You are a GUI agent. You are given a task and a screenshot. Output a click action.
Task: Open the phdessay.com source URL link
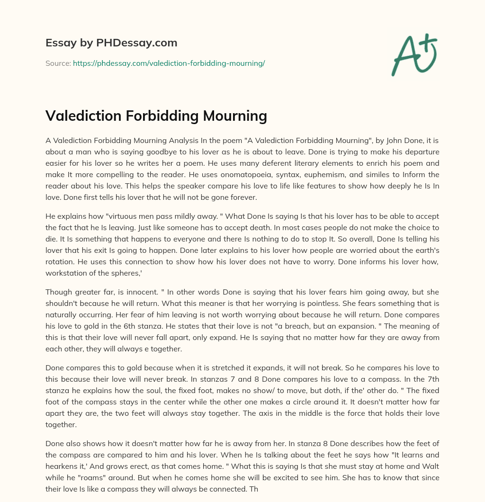[x=169, y=63]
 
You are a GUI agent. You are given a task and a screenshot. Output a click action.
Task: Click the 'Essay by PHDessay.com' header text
[x=111, y=43]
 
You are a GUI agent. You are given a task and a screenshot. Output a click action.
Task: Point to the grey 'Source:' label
[x=58, y=63]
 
